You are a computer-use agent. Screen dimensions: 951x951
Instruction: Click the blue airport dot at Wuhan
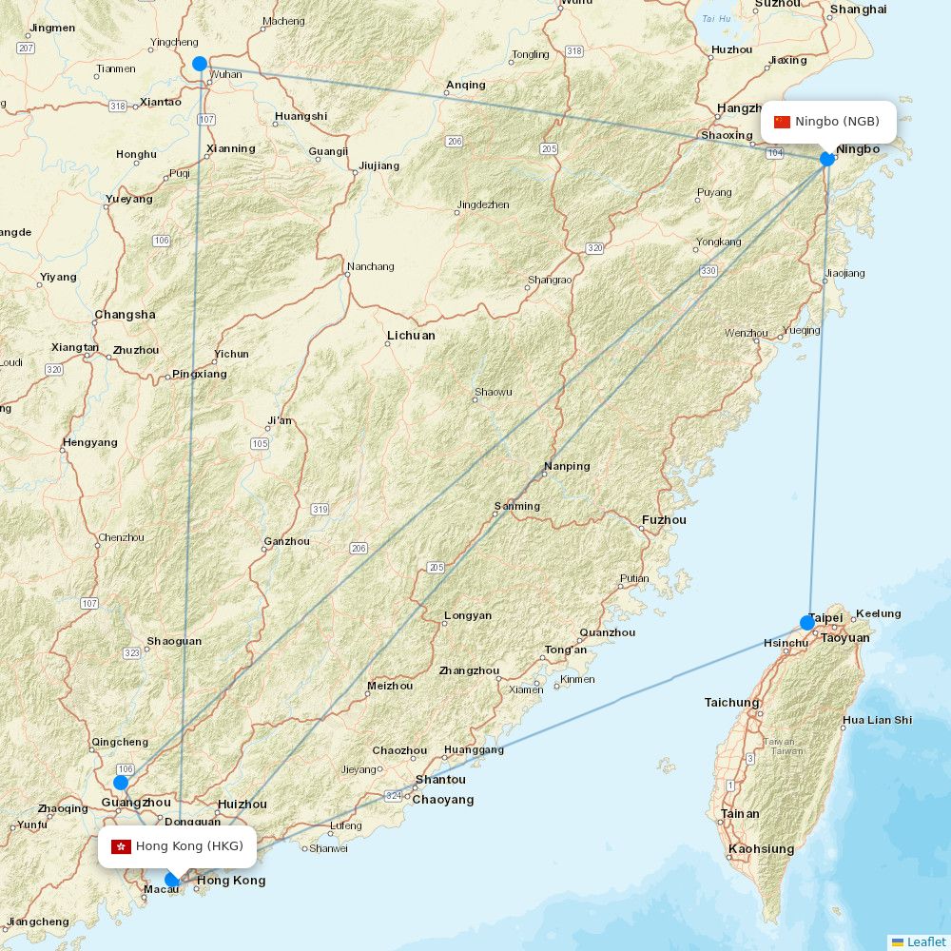(200, 64)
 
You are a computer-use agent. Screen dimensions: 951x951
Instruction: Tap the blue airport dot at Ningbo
(827, 158)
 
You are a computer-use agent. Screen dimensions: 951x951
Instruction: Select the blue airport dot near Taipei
(807, 623)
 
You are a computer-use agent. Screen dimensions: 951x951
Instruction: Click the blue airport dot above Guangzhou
(121, 783)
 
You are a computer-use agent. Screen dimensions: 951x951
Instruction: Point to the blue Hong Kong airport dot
(172, 879)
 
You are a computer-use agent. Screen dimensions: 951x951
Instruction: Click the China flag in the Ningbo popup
(783, 122)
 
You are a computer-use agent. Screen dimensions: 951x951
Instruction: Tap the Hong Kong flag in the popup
(121, 846)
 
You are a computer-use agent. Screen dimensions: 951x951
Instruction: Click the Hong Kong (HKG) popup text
(189, 846)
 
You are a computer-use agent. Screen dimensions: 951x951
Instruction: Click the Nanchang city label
(370, 266)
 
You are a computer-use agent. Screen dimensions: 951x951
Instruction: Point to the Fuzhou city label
(664, 520)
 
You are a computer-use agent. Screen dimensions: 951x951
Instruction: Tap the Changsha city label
(125, 315)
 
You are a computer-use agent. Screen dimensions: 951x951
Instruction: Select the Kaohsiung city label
(761, 849)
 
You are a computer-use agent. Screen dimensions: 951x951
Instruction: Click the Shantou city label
(440, 780)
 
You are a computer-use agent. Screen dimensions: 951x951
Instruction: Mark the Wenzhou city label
(746, 333)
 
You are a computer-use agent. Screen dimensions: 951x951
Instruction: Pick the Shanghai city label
(858, 10)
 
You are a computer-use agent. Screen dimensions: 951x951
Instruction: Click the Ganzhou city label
(286, 541)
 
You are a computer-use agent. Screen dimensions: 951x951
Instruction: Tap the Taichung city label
(732, 703)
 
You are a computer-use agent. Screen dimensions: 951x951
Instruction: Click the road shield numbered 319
(320, 510)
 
